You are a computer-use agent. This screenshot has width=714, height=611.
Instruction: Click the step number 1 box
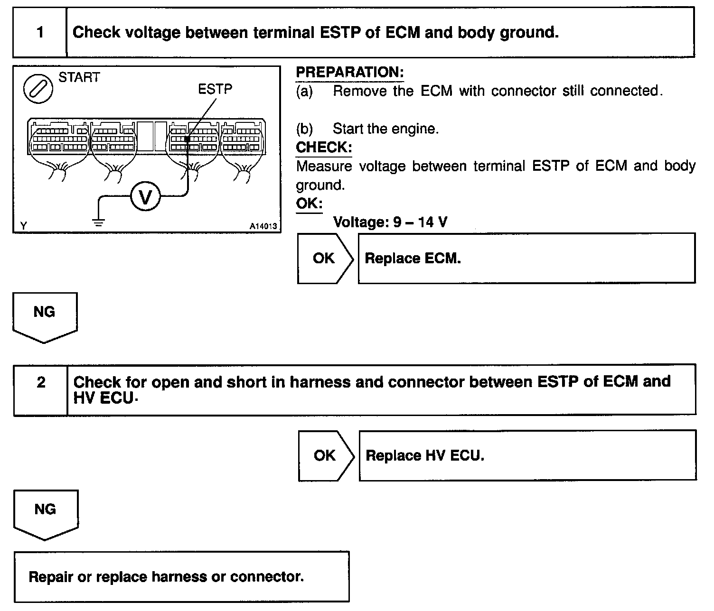pyautogui.click(x=40, y=32)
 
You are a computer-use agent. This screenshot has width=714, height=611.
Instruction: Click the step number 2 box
pyautogui.click(x=41, y=382)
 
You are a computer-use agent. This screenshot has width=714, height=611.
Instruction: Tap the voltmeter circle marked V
pyautogui.click(x=145, y=196)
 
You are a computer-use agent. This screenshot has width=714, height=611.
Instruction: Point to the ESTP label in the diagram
pyautogui.click(x=215, y=89)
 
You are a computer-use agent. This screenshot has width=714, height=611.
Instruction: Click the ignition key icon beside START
pyautogui.click(x=38, y=88)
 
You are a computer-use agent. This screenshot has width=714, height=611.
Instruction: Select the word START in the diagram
pyautogui.click(x=79, y=77)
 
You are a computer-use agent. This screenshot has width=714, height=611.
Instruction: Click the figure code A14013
pyautogui.click(x=263, y=227)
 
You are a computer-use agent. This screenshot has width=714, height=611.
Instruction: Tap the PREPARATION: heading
pyautogui.click(x=350, y=73)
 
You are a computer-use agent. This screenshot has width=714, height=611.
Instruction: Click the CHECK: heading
pyautogui.click(x=324, y=148)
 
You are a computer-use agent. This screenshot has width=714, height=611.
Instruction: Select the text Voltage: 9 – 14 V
pyautogui.click(x=390, y=222)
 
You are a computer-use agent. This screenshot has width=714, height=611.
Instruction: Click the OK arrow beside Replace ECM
pyautogui.click(x=325, y=258)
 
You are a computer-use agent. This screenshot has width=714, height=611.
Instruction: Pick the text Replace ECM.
pyautogui.click(x=413, y=259)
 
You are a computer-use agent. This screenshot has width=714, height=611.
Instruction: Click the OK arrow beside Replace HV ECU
pyautogui.click(x=326, y=455)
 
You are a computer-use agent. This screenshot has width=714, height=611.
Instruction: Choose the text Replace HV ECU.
pyautogui.click(x=425, y=456)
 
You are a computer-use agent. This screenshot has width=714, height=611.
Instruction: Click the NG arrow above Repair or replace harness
pyautogui.click(x=46, y=512)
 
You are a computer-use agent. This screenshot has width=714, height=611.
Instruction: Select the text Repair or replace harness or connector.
pyautogui.click(x=166, y=577)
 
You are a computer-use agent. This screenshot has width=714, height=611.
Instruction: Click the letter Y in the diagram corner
pyautogui.click(x=23, y=226)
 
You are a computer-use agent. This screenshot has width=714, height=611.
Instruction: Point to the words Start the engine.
pyautogui.click(x=385, y=129)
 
